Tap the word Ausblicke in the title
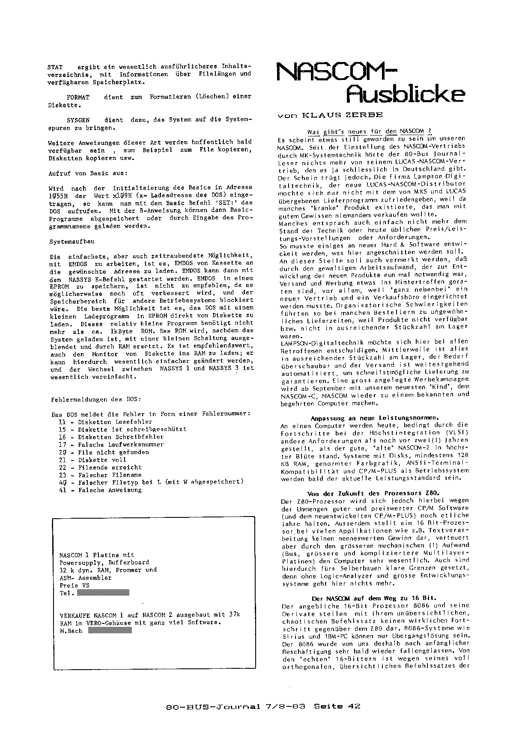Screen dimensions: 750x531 point(405,94)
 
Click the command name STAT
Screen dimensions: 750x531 point(55,67)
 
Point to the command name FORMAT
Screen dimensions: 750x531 point(78,97)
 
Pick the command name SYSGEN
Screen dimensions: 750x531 point(78,120)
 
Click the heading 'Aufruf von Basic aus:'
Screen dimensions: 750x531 point(87,173)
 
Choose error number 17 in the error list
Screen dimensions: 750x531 point(63,445)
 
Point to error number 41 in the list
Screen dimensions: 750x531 point(63,490)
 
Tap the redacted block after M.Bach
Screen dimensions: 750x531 point(109,630)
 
